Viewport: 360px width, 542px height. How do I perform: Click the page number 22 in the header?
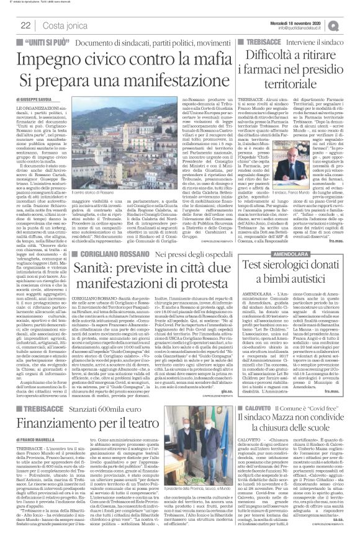point(26,25)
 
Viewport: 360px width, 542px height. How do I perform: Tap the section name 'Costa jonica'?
point(63,25)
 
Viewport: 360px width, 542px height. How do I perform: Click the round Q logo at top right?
point(351,25)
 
